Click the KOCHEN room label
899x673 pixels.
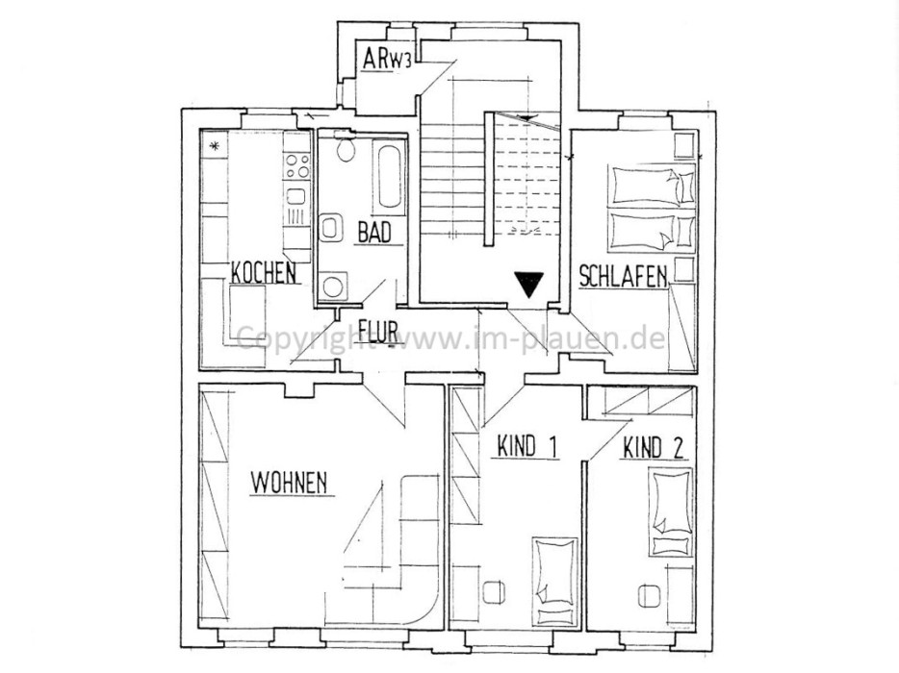tap(264, 272)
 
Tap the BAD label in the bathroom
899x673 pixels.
tap(373, 232)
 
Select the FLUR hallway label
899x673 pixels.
tap(378, 331)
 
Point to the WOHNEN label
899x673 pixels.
tap(289, 483)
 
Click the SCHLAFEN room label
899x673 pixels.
tap(623, 276)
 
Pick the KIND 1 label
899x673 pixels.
tap(527, 446)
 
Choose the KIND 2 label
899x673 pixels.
tap(653, 448)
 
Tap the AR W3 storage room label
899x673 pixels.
tap(387, 59)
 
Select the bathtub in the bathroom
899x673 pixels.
tap(388, 175)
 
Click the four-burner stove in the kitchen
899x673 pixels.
tap(297, 166)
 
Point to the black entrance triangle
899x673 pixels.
tap(528, 285)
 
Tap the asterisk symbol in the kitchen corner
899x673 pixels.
tap(216, 146)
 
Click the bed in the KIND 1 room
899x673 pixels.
tap(554, 580)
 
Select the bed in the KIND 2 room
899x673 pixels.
tap(670, 511)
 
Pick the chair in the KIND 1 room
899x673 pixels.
tap(493, 592)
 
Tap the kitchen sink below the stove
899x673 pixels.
tap(295, 196)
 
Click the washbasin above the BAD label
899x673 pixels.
tap(329, 228)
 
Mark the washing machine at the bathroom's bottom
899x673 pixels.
tap(332, 285)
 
